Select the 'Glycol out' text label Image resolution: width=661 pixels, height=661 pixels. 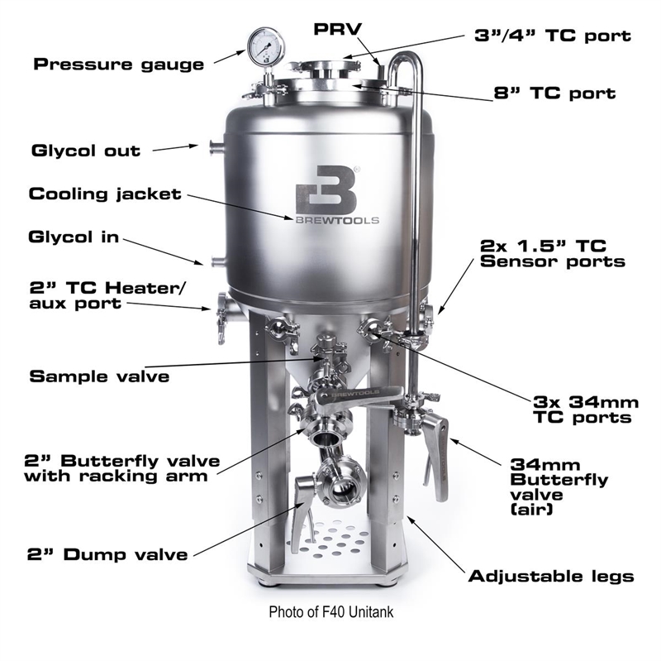point(85,151)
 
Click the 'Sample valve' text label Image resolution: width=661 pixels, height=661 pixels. point(99,376)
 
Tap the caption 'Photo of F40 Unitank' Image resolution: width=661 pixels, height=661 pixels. point(330,613)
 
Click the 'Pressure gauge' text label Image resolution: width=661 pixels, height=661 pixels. point(118,63)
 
